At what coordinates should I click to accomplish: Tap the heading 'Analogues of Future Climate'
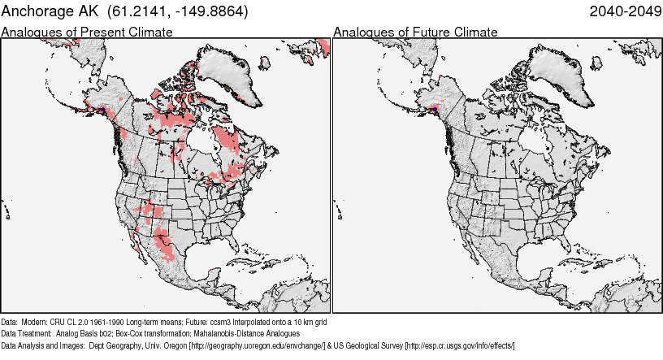(x=415, y=33)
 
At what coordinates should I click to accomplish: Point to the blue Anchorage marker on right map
(x=435, y=108)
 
